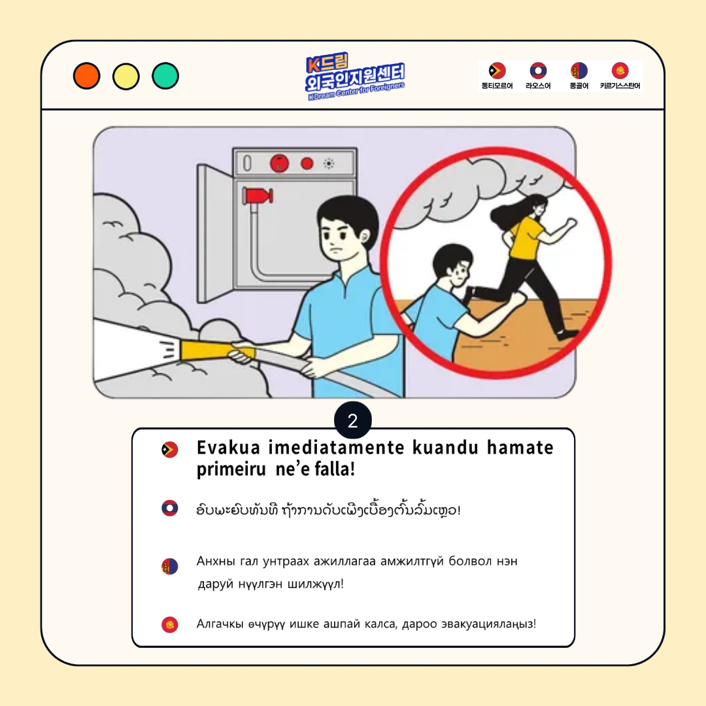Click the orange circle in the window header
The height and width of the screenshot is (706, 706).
tap(86, 76)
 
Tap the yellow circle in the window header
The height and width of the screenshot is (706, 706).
tap(126, 76)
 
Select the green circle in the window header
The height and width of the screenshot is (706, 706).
tap(165, 76)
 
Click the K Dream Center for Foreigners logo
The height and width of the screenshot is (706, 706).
tap(355, 76)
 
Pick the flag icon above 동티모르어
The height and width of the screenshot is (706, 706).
tap(497, 71)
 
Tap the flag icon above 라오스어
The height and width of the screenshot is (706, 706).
tap(538, 71)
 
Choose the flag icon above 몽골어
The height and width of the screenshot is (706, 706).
tap(579, 71)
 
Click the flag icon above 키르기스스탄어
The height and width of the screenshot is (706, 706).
tap(620, 71)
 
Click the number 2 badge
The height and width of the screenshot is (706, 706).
tap(353, 420)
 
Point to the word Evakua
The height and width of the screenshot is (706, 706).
tap(228, 448)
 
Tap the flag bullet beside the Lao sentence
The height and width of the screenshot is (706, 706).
tap(170, 508)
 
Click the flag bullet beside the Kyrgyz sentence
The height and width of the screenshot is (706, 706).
tap(170, 624)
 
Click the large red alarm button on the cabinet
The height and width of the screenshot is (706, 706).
tap(279, 163)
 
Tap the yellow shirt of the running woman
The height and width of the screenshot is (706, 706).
tap(526, 237)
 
